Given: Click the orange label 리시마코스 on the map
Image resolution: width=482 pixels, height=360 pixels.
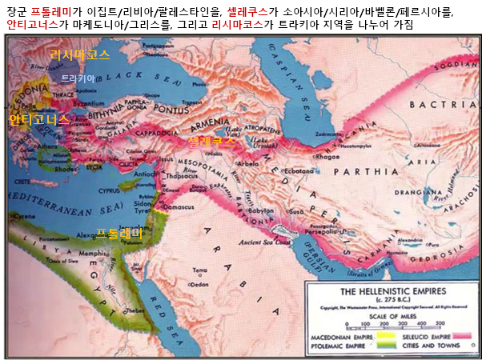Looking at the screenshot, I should click(x=80, y=55).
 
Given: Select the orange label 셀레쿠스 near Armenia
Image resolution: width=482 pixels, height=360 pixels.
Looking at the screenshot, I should click(x=212, y=142).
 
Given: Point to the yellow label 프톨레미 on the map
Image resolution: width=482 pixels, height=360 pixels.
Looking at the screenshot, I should click(x=119, y=233).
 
